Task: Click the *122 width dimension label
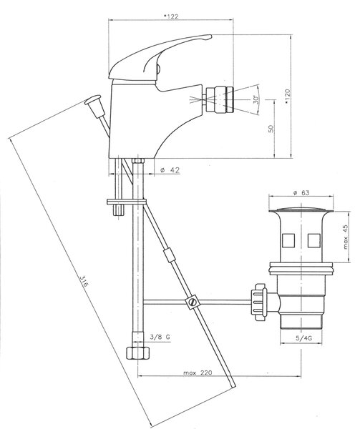point(171,16)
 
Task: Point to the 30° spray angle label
point(256,99)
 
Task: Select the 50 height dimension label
point(271,129)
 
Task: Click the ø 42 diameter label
point(170,170)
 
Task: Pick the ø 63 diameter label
point(301,193)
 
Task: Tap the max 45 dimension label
point(346,237)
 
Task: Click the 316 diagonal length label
point(83,281)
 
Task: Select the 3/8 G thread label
point(160,337)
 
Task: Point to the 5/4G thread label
point(304,338)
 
